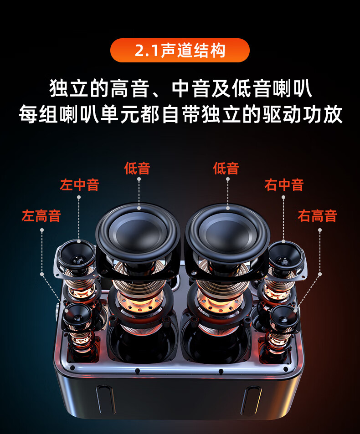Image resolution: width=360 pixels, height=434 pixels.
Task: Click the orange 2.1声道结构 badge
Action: point(180,51)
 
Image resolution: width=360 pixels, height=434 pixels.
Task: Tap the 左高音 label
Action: point(41,216)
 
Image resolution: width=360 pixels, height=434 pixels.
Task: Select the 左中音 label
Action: point(79,184)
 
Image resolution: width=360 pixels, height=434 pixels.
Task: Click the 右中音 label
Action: point(284,184)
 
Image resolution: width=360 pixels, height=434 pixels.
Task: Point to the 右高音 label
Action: point(317,216)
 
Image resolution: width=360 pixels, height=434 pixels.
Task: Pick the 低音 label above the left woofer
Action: point(137,168)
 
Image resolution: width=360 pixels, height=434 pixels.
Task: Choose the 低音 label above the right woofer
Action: point(226,168)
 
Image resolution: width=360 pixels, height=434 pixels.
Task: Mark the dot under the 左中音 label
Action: point(79,197)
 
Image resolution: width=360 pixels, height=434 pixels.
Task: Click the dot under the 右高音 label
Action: point(320,230)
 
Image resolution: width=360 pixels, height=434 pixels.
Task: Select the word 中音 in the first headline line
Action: point(190,88)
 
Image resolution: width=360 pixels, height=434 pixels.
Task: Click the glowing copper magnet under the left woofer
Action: point(139,301)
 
